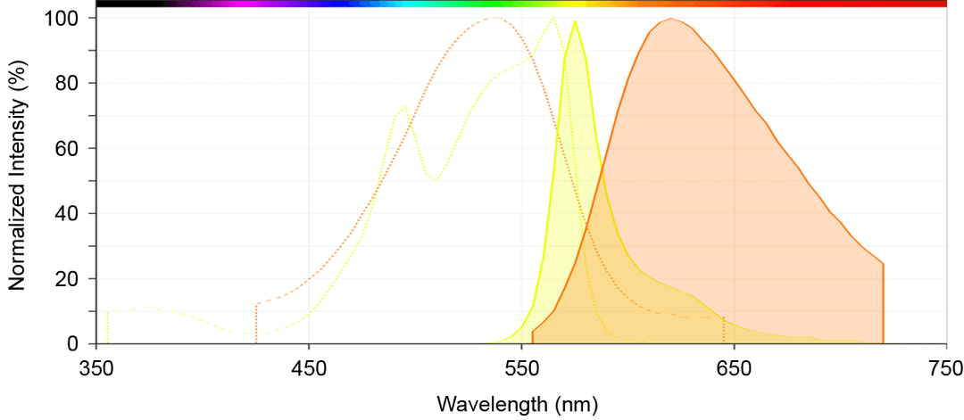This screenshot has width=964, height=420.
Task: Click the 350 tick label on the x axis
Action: [x=96, y=368]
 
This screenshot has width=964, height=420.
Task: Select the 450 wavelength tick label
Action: [x=308, y=368]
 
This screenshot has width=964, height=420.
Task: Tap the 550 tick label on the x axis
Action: [x=521, y=368]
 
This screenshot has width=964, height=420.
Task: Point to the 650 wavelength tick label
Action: [x=734, y=368]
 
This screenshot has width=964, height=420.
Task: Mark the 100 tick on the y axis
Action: [x=65, y=18]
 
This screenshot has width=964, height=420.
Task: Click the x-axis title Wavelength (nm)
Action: [x=517, y=404]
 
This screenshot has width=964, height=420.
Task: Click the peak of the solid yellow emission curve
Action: [x=575, y=21]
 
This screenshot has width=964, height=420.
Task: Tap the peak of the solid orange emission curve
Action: [x=670, y=19]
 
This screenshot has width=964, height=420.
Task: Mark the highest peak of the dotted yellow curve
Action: [x=553, y=18]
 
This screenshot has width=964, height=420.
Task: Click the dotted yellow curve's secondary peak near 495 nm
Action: [x=404, y=106]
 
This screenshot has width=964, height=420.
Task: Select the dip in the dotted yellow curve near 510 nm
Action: [x=435, y=179]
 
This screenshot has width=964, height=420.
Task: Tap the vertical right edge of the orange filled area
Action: [x=883, y=303]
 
